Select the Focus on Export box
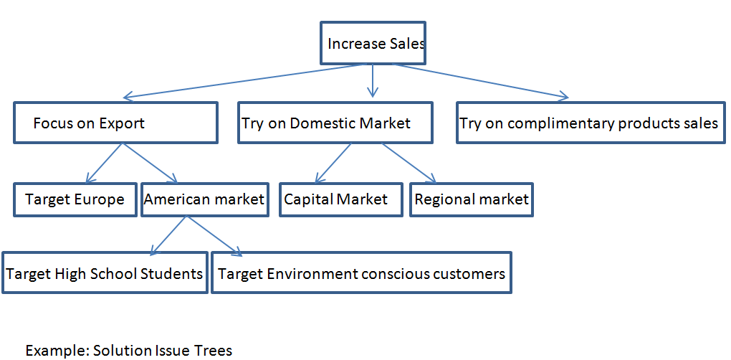tap(115, 123)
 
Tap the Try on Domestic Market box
tap(335, 123)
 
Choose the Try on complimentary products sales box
tap(591, 123)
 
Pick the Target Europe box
tap(75, 199)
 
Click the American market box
tap(204, 199)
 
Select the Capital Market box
tap(335, 199)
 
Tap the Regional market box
tap(472, 199)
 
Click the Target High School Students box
tap(105, 273)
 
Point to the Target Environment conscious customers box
tap(361, 273)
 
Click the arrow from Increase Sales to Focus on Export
tap(244, 80)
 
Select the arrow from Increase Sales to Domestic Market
tap(372, 80)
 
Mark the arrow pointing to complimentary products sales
tap(480, 80)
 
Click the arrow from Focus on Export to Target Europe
tap(105, 164)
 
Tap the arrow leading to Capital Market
tap(333, 164)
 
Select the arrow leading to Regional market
tap(408, 164)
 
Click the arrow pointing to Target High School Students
tap(168, 235)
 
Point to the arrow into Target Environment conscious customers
tap(214, 235)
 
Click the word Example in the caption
tap(57, 351)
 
